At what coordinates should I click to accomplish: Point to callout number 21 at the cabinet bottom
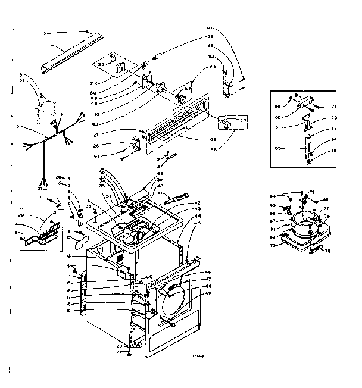(x=119, y=352)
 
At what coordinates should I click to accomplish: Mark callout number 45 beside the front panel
(x=198, y=224)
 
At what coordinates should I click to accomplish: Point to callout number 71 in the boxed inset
(x=333, y=106)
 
